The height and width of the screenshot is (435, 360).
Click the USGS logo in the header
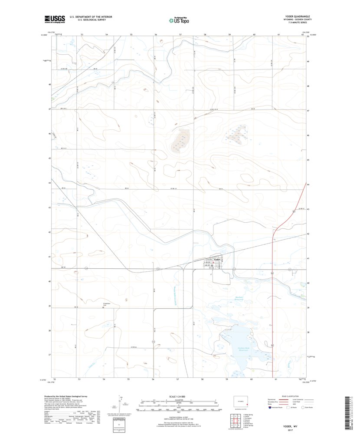coord(54,19)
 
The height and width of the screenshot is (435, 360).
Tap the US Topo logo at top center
coord(179,20)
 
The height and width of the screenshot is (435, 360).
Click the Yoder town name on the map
coord(217,259)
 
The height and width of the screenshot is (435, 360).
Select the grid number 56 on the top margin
coord(155,34)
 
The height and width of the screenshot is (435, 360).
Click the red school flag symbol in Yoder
coord(213,261)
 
